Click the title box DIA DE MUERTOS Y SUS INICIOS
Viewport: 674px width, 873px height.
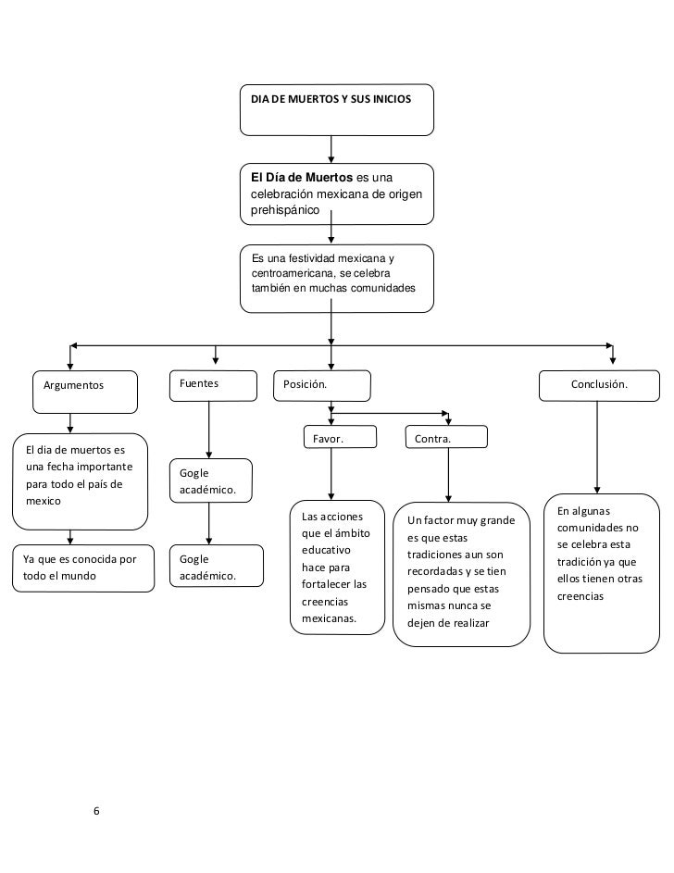[x=337, y=109]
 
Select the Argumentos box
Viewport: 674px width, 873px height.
[x=85, y=392]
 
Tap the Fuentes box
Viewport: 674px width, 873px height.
[x=213, y=386]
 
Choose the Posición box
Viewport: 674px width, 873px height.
[x=321, y=386]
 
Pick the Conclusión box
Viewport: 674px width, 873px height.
[x=599, y=386]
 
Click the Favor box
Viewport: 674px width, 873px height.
[x=340, y=437]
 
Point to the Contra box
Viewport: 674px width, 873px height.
[x=446, y=437]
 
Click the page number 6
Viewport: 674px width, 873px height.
[x=96, y=811]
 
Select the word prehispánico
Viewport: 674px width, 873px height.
[x=285, y=210]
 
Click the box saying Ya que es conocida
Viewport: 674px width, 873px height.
[x=83, y=568]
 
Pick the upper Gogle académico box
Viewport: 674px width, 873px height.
[x=211, y=480]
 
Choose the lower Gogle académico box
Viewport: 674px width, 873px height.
[x=217, y=566]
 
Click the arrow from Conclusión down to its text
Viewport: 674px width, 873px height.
[x=597, y=447]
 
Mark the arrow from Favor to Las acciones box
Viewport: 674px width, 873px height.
[x=331, y=474]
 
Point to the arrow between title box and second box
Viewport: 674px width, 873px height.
[x=331, y=149]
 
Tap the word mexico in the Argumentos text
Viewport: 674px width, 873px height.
[x=44, y=501]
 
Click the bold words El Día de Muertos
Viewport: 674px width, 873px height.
[x=302, y=178]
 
